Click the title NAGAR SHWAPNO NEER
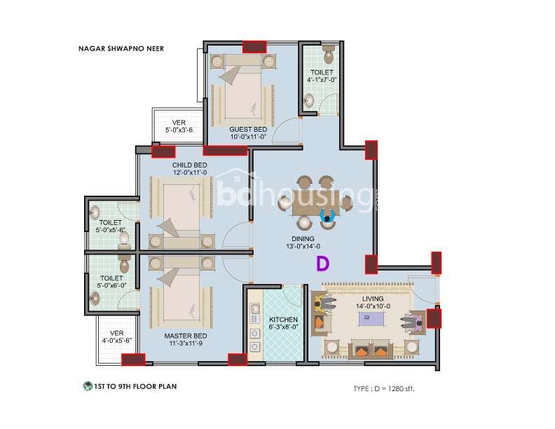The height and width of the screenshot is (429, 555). pos(121,48)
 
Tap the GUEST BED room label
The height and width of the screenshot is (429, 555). pos(248,130)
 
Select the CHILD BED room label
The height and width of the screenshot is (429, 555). pos(190,165)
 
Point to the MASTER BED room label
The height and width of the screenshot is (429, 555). pos(186,336)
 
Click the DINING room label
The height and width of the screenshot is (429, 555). pos(303,239)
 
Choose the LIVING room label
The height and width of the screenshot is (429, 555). pos(373,299)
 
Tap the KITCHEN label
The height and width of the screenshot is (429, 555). pos(283,320)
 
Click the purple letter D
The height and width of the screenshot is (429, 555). pos(322,264)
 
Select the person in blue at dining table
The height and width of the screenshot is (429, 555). pos(327,216)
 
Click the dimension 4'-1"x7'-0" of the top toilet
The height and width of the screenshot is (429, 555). pos(322,80)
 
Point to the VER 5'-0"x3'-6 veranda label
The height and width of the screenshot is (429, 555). pos(179,126)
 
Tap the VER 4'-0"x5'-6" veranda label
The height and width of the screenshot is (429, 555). pos(117,337)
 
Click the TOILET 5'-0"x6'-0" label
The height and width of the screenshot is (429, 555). pos(111,282)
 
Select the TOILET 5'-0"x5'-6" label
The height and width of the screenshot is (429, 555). pos(111,226)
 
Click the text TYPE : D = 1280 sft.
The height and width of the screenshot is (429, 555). pos(384,388)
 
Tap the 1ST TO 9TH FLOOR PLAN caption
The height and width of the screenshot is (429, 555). pos(135,386)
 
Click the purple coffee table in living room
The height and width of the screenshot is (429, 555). pos(371,318)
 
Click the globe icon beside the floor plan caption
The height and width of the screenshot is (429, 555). pos(88,386)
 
